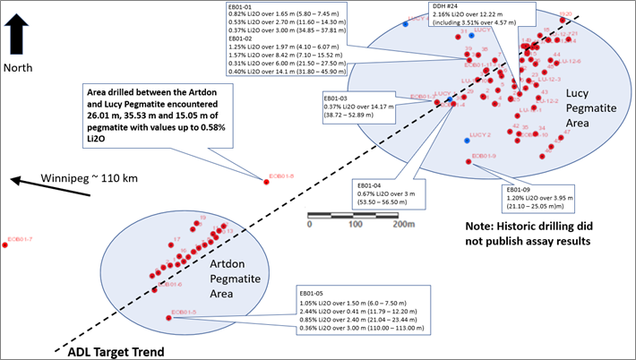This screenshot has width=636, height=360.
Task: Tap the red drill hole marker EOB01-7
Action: tap(5, 245)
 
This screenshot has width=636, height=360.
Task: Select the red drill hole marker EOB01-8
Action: tap(266, 183)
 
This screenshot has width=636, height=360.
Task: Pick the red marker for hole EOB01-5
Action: tap(170, 316)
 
